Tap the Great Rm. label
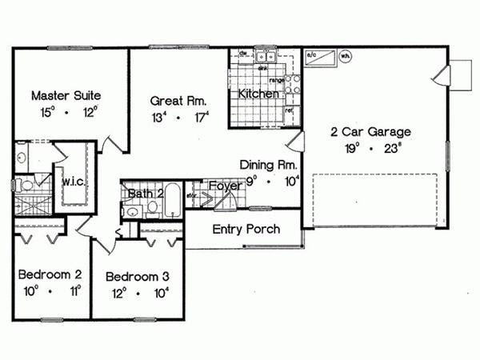pos(179,102)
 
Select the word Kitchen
pos(259,94)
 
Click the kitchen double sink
pos(266,57)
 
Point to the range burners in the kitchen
pos(293,83)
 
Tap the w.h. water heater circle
pos(346,57)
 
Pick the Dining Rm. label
pos(269,165)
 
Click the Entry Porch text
pos(246,230)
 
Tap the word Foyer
pos(225,186)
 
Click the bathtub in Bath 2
pos(173,201)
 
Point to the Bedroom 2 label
pos(47,275)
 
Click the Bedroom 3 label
pos(138,277)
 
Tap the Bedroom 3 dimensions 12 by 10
pos(138,293)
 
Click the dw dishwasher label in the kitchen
pos(242,54)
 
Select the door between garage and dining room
pos(296,142)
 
